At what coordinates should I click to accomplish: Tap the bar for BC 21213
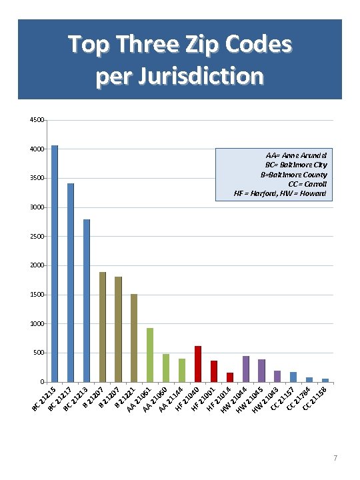click(87, 300)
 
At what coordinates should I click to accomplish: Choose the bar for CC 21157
click(293, 377)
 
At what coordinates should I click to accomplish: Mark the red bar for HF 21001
click(214, 371)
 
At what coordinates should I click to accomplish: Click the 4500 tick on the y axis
click(37, 121)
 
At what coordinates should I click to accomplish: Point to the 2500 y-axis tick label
click(37, 237)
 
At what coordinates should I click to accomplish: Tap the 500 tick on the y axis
click(39, 353)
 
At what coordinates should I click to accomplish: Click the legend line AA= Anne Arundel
click(295, 154)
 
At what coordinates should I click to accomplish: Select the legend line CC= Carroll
click(307, 183)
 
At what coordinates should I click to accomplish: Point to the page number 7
click(335, 458)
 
